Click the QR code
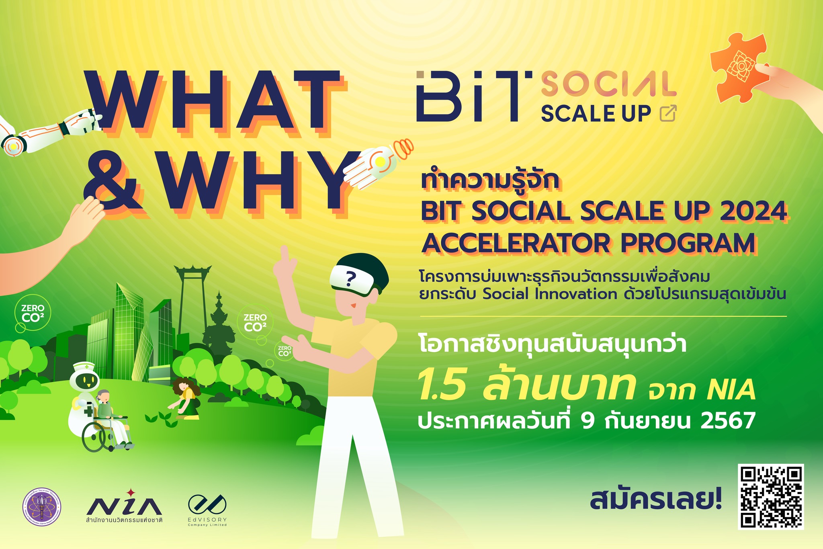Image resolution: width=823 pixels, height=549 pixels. [771, 497]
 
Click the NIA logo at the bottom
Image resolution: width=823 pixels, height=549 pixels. [124, 505]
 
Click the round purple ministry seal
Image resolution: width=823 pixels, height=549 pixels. [42, 508]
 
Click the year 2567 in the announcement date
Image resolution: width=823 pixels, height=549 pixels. [728, 421]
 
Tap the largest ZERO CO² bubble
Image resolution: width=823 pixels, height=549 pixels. [33, 313]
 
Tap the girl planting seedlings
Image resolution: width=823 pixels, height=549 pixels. [186, 396]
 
